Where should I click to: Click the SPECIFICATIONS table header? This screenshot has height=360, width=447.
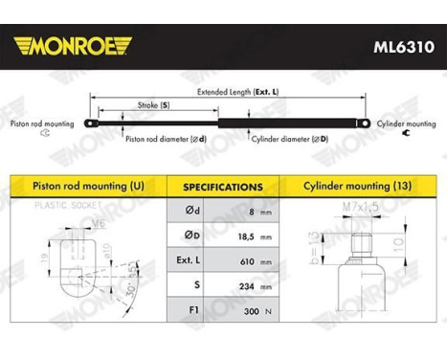223,187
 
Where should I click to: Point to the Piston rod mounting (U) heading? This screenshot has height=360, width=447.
87,186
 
